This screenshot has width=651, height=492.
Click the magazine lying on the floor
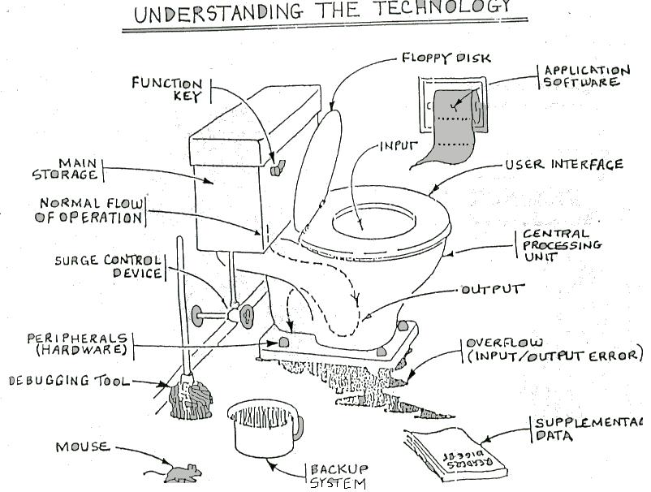(x=456, y=451)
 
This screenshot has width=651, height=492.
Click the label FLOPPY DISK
(x=446, y=58)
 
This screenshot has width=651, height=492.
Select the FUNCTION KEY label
(x=169, y=88)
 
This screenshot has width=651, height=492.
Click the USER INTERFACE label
(x=563, y=164)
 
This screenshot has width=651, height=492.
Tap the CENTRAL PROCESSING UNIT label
(x=561, y=245)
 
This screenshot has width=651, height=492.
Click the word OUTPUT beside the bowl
(x=494, y=289)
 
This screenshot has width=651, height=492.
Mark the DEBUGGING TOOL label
(x=69, y=380)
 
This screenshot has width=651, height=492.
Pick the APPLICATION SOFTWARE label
(x=586, y=76)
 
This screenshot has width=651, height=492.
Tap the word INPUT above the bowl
(x=399, y=147)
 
